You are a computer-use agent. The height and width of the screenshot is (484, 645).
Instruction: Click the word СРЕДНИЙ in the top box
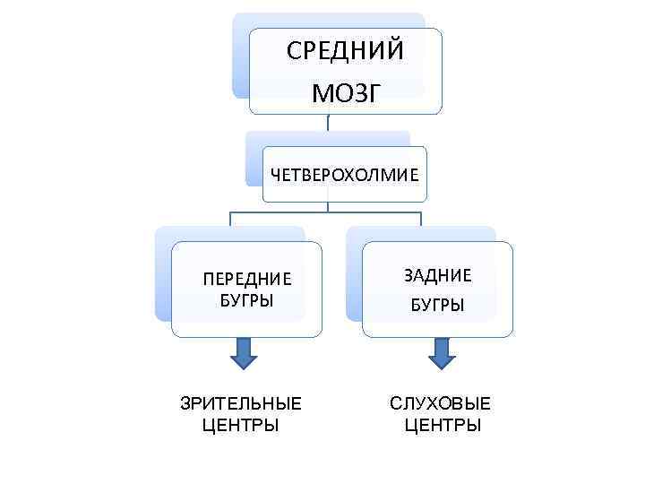point(345,51)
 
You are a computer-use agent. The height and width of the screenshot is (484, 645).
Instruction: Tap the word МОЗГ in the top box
point(345,92)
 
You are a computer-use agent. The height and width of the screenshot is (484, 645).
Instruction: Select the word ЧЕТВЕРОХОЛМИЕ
point(345,175)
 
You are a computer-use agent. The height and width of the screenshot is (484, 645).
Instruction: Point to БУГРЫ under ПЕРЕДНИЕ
point(247,298)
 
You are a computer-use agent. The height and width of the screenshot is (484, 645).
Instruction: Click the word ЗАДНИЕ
point(437,275)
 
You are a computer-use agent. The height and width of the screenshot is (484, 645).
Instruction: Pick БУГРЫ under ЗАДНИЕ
point(437,306)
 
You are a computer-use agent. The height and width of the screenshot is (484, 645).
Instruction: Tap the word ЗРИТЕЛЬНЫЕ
point(241,403)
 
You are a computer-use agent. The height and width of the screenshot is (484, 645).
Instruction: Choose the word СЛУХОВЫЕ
point(441,403)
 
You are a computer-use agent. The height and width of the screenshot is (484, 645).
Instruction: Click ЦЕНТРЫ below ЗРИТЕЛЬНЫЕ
point(241,424)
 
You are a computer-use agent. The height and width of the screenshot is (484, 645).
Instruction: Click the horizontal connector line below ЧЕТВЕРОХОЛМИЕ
point(325,213)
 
